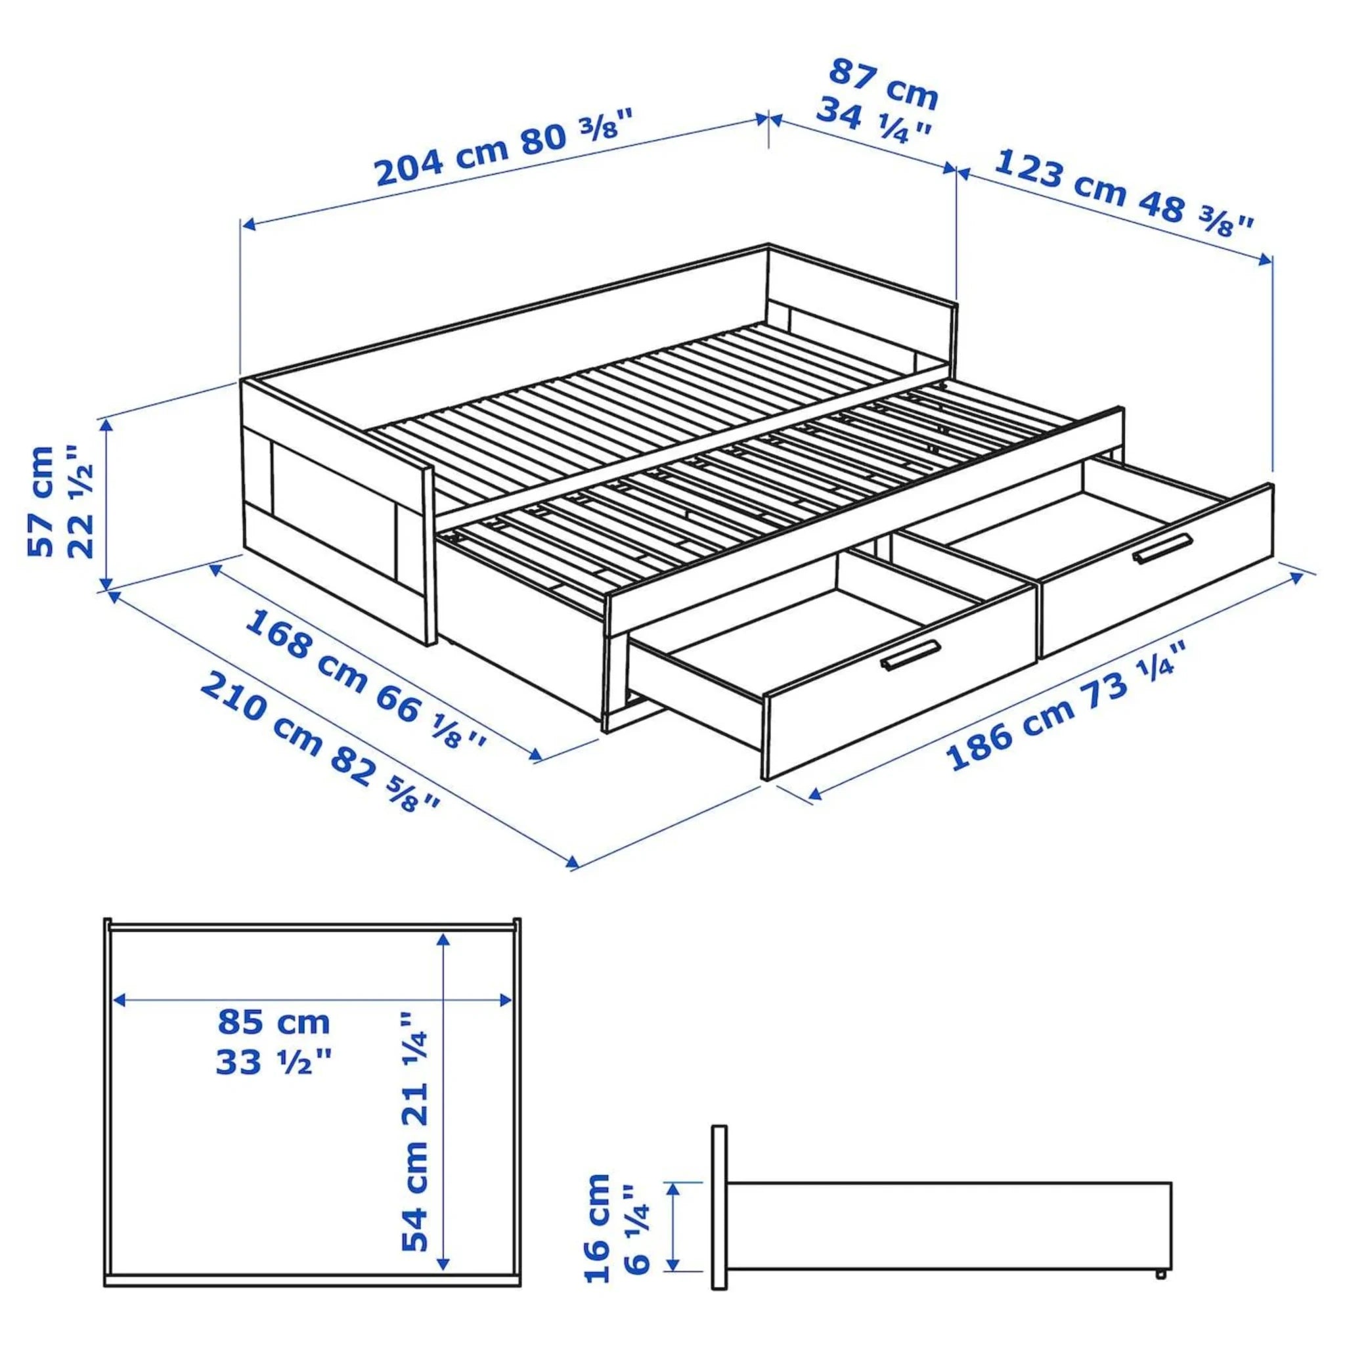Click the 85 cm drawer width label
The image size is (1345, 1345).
(x=274, y=1023)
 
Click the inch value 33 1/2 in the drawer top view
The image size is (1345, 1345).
(x=274, y=1063)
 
